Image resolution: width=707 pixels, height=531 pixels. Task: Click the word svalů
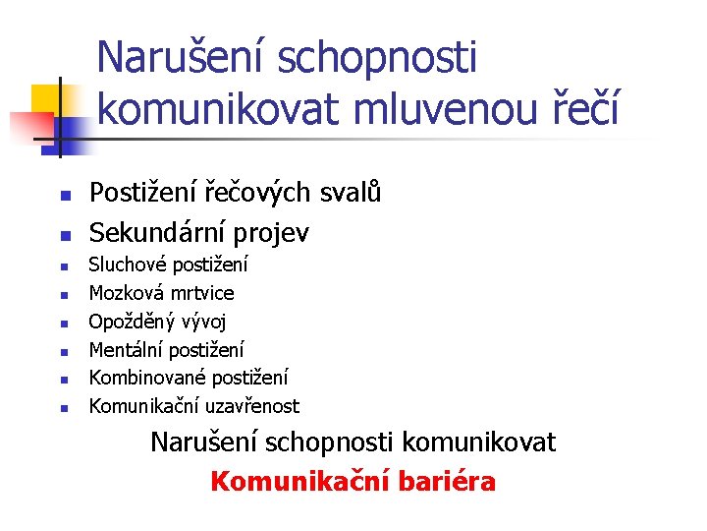[x=353, y=193]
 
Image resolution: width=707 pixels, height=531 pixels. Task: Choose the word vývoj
[x=202, y=322]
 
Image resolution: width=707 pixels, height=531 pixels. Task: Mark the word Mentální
[x=127, y=349]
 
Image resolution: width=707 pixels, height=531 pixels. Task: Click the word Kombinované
[x=142, y=378]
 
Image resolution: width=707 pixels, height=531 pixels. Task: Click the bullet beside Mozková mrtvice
[x=62, y=294]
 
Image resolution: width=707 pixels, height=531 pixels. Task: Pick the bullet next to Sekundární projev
[x=62, y=235]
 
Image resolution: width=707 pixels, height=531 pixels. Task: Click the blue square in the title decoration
[x=71, y=128]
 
